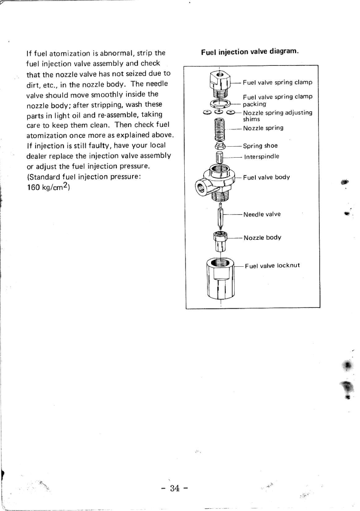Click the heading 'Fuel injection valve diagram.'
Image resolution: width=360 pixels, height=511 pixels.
click(250, 52)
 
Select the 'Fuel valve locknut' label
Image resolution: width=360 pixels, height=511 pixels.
click(273, 265)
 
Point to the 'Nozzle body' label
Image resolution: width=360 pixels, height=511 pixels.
click(262, 238)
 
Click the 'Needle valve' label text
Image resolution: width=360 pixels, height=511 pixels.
click(261, 214)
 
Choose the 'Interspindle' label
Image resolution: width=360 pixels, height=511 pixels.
click(261, 156)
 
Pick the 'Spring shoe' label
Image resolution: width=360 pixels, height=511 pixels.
click(260, 146)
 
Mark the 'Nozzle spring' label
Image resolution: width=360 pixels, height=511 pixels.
click(263, 128)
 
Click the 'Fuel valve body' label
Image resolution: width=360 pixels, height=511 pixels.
click(266, 177)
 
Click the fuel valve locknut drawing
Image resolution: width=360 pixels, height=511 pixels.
click(220, 278)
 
